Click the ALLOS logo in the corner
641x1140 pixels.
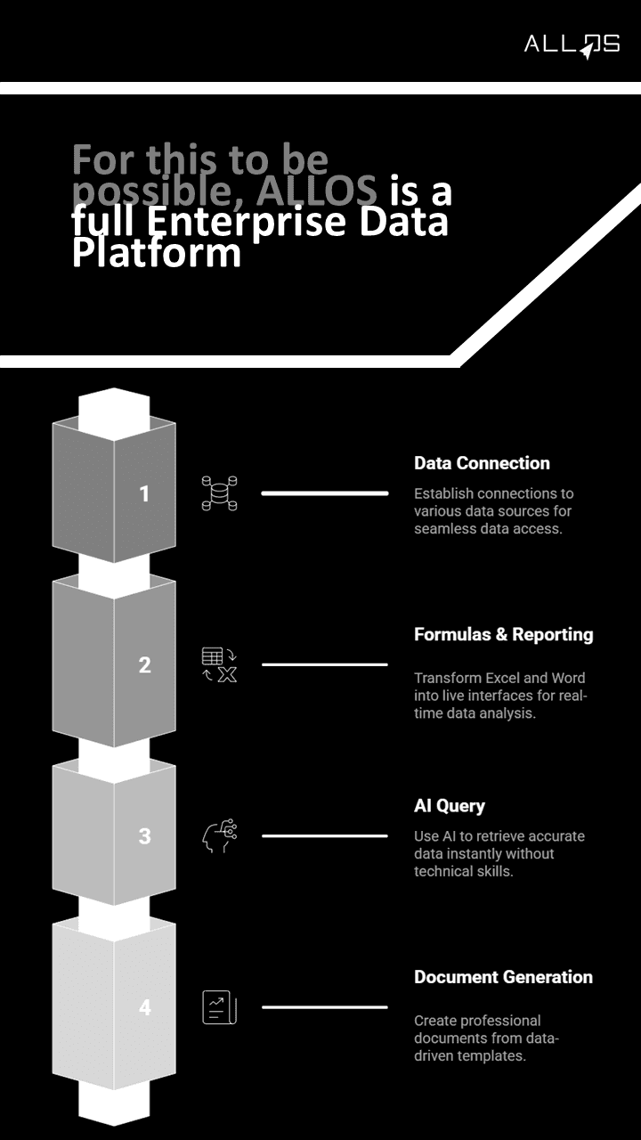pos(572,45)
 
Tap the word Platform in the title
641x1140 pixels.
pos(157,253)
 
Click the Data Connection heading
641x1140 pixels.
pos(482,463)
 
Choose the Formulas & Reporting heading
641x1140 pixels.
pos(503,635)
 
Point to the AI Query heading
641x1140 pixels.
pos(450,806)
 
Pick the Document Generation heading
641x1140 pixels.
pos(503,977)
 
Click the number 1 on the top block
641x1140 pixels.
pos(145,493)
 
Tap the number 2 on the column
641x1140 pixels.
pos(145,664)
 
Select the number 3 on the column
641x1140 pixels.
pos(145,836)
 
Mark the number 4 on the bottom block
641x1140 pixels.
pos(145,1007)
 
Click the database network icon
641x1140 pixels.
pos(219,493)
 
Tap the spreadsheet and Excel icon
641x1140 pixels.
pos(219,665)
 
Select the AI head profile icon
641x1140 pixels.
pos(219,836)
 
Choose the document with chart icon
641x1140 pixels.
pos(219,1007)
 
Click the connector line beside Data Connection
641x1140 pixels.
pos(324,493)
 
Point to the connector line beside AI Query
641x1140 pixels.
pos(324,836)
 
